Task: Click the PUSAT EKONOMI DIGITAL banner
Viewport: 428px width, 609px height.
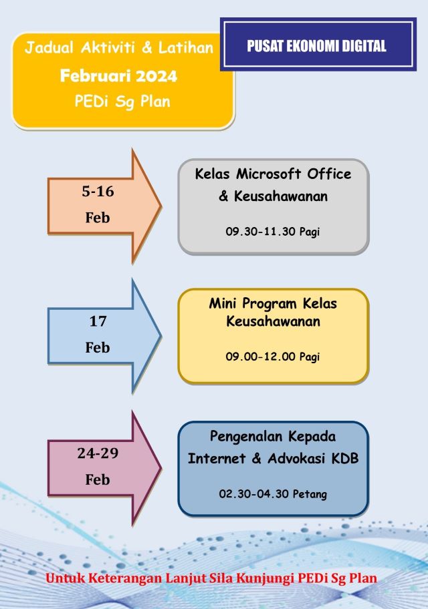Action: [x=316, y=45]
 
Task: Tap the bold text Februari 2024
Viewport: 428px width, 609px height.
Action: [x=119, y=75]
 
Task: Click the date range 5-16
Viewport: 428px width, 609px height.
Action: [x=98, y=192]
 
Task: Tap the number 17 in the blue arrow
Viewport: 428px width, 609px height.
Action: [x=98, y=321]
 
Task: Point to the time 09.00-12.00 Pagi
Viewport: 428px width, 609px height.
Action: [x=272, y=357]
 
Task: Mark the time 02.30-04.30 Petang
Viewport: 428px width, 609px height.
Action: [x=273, y=494]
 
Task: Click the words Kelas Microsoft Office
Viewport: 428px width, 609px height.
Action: [x=273, y=174]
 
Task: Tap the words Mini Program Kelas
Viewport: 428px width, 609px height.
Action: [x=273, y=303]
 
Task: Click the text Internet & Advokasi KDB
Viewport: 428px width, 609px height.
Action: [x=273, y=459]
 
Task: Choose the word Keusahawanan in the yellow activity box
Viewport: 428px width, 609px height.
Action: [x=273, y=321]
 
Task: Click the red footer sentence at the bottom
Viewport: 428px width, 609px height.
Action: [x=211, y=578]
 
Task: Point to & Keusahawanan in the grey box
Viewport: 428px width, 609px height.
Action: [x=273, y=196]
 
